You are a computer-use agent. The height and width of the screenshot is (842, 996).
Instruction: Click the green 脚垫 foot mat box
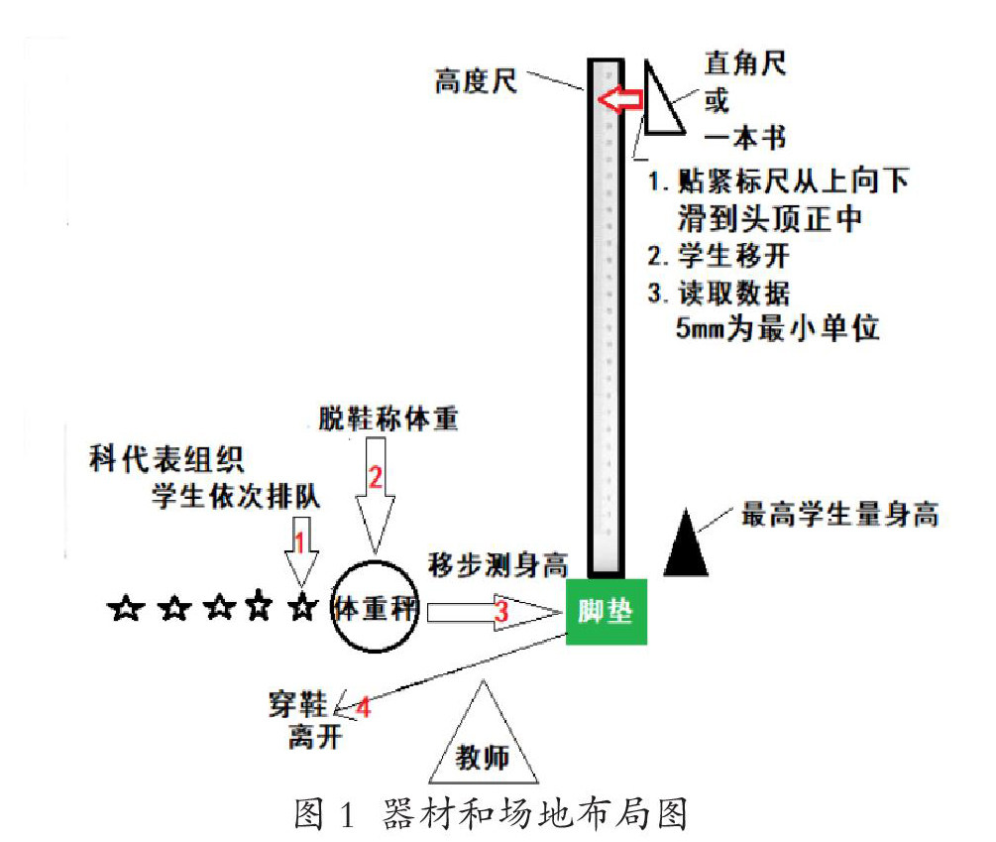coord(606,611)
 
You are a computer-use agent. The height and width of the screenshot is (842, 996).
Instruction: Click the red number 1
coord(297,541)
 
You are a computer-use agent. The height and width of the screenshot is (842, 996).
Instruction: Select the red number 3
coord(501,613)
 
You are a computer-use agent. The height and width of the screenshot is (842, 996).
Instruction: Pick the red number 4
coord(363,708)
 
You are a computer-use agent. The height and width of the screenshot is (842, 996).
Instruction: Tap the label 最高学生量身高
coord(839,515)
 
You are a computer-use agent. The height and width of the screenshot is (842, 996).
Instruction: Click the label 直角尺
coord(745,64)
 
